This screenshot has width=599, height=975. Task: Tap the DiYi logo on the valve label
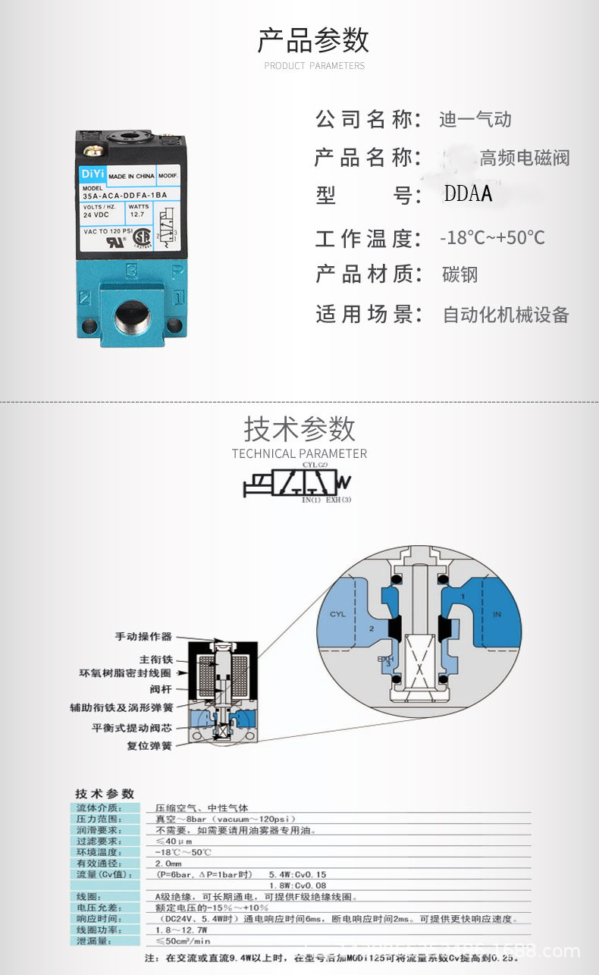(91, 174)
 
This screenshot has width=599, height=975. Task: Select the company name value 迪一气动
(475, 120)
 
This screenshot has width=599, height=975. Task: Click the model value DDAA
(469, 194)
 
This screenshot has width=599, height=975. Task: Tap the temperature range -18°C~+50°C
(492, 238)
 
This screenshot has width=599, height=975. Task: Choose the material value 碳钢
(460, 274)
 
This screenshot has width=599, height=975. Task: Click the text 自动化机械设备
(506, 315)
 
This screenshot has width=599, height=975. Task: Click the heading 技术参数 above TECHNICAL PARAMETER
(299, 429)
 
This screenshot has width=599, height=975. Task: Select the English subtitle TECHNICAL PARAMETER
(299, 454)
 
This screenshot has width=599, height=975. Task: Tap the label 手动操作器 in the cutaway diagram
(143, 637)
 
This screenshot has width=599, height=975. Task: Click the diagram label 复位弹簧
(149, 746)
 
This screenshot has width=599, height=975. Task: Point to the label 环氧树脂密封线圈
(125, 672)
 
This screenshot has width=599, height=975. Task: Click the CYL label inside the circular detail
(337, 613)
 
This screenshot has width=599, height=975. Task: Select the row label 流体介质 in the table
(99, 808)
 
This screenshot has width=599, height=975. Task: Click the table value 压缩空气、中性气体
(202, 808)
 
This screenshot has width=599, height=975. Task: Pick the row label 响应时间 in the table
(99, 919)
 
